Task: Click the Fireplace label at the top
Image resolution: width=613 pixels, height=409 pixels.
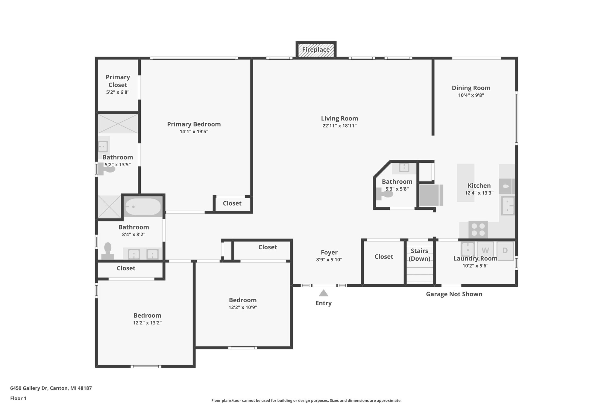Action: coord(316,50)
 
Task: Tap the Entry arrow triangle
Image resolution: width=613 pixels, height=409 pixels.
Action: coord(323,293)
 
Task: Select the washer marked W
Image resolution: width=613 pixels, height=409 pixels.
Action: coord(485,250)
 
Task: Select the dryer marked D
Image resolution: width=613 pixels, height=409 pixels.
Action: coord(505,250)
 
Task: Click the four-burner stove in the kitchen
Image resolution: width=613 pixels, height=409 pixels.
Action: coord(478,230)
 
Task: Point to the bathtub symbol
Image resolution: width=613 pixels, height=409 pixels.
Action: coord(143,207)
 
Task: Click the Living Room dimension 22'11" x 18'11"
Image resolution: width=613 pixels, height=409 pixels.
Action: coord(339,126)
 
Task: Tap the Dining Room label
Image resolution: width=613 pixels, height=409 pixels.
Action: coord(471,88)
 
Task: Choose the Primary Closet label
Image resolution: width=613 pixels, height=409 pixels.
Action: coord(118,81)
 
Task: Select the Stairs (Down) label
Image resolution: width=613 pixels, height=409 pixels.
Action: coord(419,255)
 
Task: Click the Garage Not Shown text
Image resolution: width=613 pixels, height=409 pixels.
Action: coord(454,294)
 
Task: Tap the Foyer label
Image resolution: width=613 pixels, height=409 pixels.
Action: coord(329,252)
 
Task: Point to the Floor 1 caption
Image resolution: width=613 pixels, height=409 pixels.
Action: coord(18,398)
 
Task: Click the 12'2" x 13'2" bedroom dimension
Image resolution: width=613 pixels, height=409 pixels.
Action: coord(147,323)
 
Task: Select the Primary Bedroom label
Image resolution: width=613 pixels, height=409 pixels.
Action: coord(194,124)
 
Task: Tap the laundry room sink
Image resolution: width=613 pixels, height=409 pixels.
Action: coord(467,249)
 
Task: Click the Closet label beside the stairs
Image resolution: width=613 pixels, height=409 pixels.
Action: coord(384,256)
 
